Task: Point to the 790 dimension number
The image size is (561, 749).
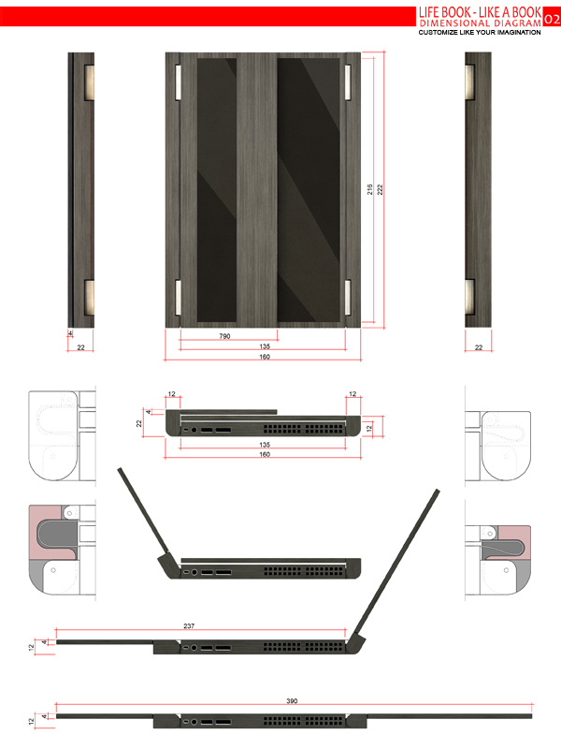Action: [225, 334]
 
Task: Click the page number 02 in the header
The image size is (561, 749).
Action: [552, 18]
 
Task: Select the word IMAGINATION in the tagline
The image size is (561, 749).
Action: [518, 32]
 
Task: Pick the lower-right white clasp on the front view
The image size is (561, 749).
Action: [347, 297]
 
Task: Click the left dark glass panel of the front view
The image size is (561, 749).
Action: [217, 187]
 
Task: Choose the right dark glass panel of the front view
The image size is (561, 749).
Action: [309, 187]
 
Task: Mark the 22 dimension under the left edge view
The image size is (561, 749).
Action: [80, 347]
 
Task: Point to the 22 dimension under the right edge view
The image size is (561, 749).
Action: [479, 347]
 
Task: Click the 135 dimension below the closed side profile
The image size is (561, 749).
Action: [265, 445]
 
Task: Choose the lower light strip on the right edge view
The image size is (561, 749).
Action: [470, 297]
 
